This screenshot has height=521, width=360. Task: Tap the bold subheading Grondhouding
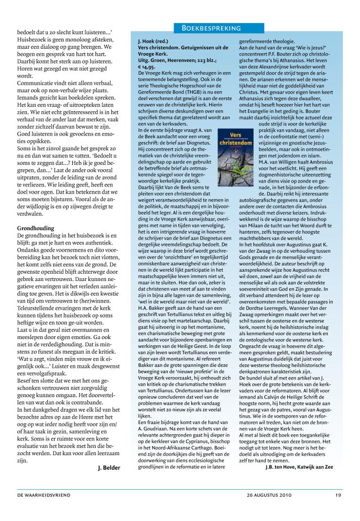35,228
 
